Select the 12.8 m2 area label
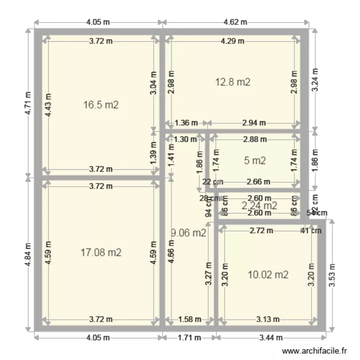[x=232, y=82]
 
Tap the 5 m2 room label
[x=255, y=161]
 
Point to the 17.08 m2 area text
[x=100, y=252]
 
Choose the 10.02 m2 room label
[x=268, y=275]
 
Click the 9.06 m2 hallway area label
[x=189, y=233]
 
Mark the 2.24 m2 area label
[x=259, y=205]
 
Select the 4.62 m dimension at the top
[x=235, y=22]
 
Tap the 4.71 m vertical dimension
[x=28, y=103]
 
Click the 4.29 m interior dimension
[x=232, y=41]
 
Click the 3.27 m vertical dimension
[x=208, y=274]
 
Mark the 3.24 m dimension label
[x=314, y=80]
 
